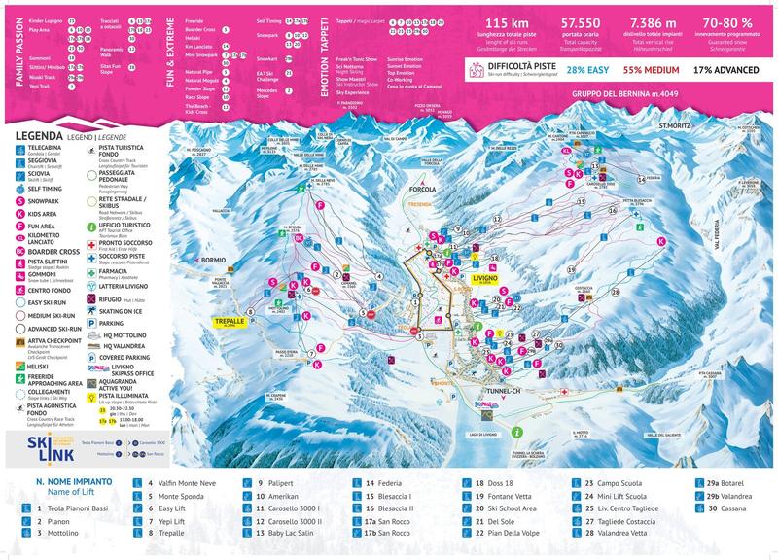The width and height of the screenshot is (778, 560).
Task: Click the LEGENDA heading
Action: (x=40, y=135)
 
